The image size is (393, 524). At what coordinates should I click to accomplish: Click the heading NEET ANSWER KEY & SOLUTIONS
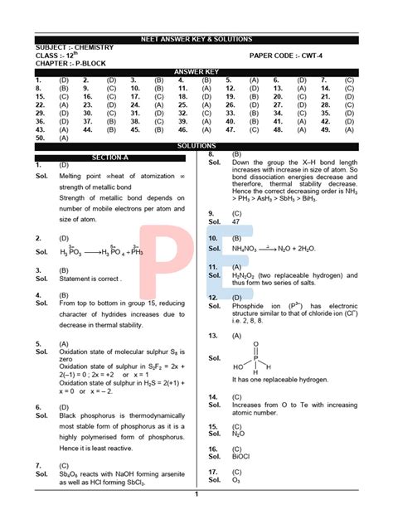point(196,39)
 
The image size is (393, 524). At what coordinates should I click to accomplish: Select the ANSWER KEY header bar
point(196,71)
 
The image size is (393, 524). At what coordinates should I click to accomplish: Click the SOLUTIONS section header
point(196,146)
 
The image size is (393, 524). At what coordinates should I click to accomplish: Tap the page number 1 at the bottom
point(196,494)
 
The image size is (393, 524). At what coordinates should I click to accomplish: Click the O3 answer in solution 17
point(236,479)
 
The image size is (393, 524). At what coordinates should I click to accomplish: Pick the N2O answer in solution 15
point(238,434)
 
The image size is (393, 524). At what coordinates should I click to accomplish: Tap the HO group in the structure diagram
point(239,366)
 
